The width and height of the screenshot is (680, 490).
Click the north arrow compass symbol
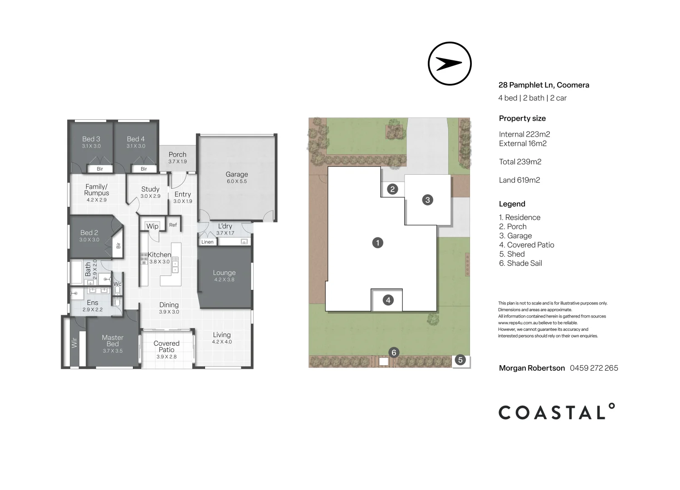point(450,64)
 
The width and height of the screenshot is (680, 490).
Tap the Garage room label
point(237,174)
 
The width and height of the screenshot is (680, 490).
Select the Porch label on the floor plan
point(177,155)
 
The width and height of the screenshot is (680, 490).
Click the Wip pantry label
point(152,226)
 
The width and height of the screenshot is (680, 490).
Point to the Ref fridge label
point(173,225)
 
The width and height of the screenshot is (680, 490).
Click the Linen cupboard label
point(207,242)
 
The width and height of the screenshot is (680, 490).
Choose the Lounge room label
point(224,273)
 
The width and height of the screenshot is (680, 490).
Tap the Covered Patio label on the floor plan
point(166,347)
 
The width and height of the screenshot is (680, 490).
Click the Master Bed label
point(113,341)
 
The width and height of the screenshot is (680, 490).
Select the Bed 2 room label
point(89,233)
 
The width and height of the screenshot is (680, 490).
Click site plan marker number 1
point(377,243)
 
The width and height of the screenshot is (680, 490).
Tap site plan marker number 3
point(427,200)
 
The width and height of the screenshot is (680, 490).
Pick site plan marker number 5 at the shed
point(460,360)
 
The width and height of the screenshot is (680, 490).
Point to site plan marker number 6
point(394,353)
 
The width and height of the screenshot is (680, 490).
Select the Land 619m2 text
point(519,180)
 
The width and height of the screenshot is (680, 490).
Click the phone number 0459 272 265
point(594,368)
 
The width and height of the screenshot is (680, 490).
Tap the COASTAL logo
point(557,412)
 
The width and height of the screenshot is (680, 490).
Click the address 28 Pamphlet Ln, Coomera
point(543,85)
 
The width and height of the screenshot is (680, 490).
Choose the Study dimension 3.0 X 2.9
point(150,196)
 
